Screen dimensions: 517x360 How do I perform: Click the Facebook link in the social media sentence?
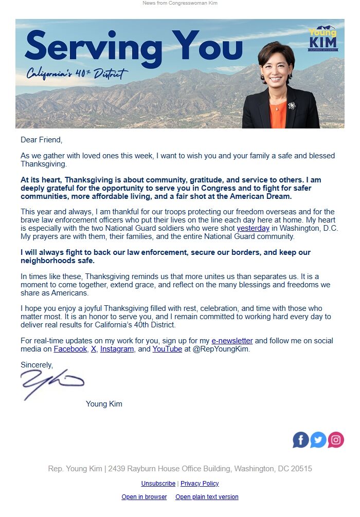point(70,349)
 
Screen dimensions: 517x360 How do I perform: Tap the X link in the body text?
point(94,349)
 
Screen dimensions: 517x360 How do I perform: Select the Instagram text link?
point(117,349)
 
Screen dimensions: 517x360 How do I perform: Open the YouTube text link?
point(167,349)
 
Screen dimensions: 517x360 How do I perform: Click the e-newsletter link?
point(232,341)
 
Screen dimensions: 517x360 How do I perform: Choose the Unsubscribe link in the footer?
point(158,484)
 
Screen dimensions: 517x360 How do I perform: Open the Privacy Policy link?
point(200,484)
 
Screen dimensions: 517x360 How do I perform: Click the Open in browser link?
point(144,497)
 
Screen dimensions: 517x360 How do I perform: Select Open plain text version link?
point(207,497)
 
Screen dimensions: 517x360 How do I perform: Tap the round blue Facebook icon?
point(301,440)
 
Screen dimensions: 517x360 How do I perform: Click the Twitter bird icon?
point(318,440)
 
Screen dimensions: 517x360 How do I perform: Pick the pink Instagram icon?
point(336,440)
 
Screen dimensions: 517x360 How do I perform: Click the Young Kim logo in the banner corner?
point(322,39)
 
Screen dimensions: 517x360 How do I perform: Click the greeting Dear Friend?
point(41,140)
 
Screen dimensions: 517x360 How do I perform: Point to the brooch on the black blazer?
point(292,105)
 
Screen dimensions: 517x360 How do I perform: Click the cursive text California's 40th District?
point(77,75)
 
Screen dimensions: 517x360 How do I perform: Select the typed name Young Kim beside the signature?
point(104,404)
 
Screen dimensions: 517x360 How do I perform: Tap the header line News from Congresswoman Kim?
point(180,4)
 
